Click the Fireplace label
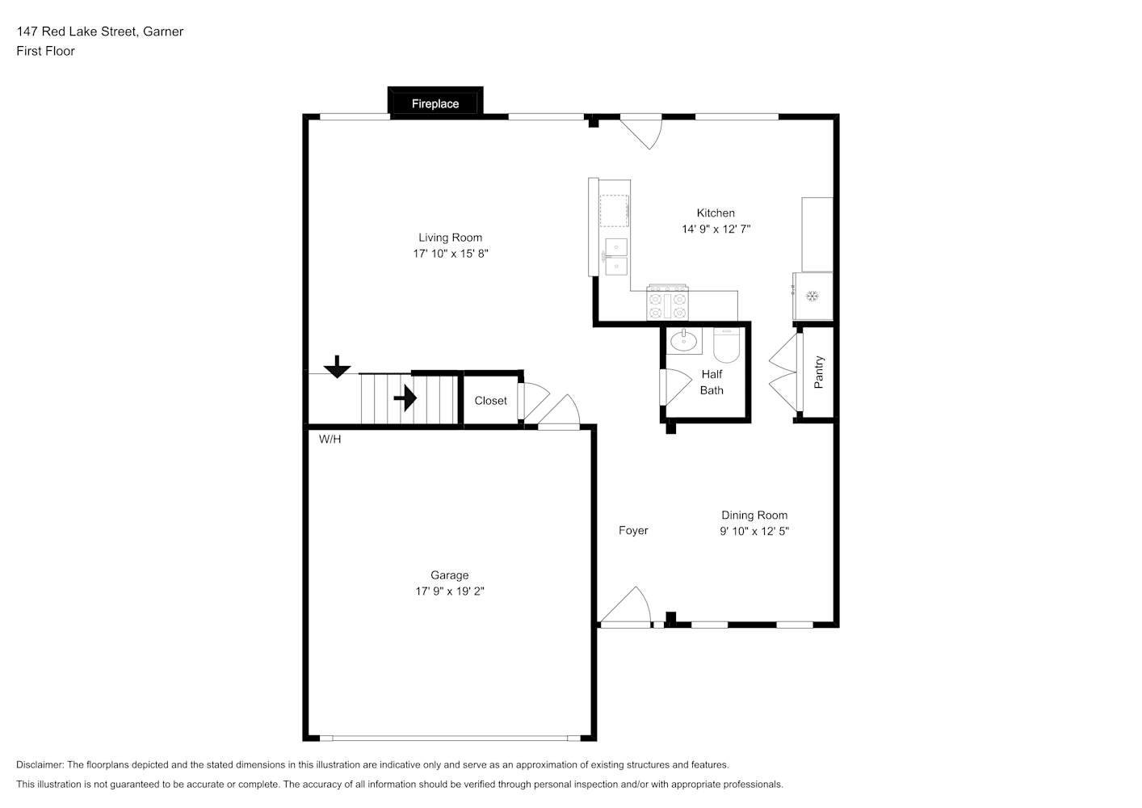[435, 104]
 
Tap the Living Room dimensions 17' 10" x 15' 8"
[451, 254]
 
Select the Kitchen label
[716, 213]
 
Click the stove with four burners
[667, 304]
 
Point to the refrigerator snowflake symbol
[812, 296]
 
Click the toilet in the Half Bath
[727, 345]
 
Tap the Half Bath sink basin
[684, 341]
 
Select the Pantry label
[819, 372]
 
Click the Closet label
[490, 401]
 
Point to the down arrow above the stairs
[337, 367]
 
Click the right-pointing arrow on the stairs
[405, 398]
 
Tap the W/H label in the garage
[330, 440]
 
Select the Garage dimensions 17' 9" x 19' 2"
[450, 591]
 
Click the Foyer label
[633, 531]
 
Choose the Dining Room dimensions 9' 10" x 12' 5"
[754, 532]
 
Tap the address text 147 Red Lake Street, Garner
[100, 32]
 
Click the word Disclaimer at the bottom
[40, 764]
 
